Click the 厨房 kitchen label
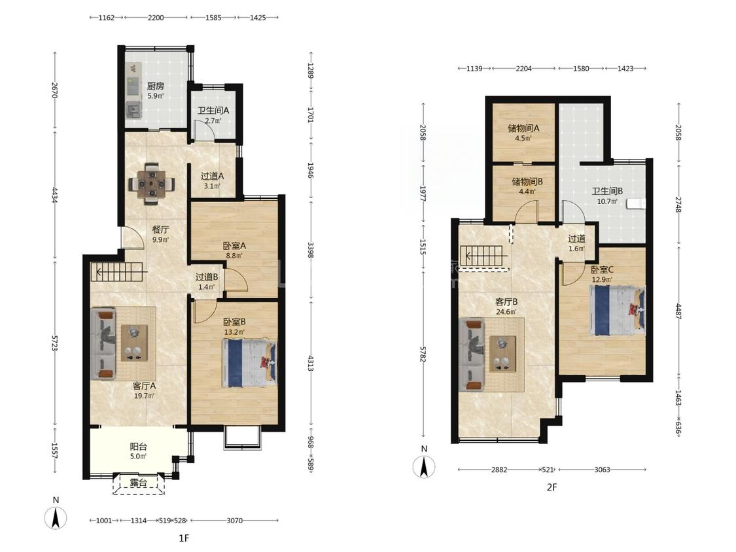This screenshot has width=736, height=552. point(155,86)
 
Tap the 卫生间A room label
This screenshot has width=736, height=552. point(213,111)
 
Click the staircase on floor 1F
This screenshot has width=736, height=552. point(118,271)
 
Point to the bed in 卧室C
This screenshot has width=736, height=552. point(617,310)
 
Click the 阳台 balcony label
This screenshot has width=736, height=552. point(139,447)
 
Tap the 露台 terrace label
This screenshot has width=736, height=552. point(139,483)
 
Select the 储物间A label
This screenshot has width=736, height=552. point(523,128)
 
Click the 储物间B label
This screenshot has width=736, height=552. point(527,181)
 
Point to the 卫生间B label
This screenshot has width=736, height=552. point(607,191)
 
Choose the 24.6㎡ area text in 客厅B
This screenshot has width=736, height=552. point(506,311)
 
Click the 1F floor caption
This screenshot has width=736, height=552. point(184,538)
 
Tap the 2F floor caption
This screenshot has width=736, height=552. point(552,487)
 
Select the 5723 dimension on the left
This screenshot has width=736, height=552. point(54,343)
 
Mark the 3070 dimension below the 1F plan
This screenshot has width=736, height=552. point(235,520)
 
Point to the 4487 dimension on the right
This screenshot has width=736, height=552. point(678,311)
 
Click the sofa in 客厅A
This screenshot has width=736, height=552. point(103,343)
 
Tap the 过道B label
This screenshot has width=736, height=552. point(207,277)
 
